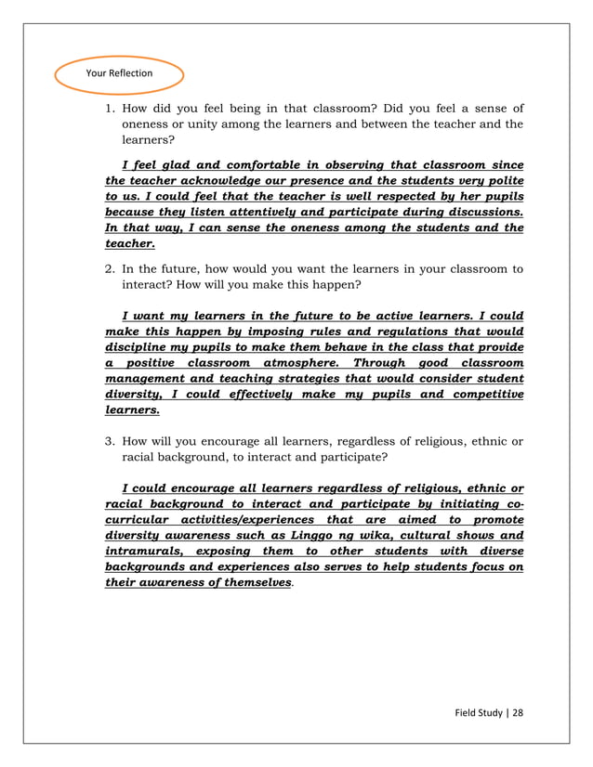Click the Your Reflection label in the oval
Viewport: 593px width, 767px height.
tap(119, 73)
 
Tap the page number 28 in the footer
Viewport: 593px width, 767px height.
tap(518, 712)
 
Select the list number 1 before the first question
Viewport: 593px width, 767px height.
tap(109, 108)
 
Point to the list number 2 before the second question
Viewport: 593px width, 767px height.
tap(109, 269)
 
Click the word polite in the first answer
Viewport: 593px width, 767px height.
tap(503, 180)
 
